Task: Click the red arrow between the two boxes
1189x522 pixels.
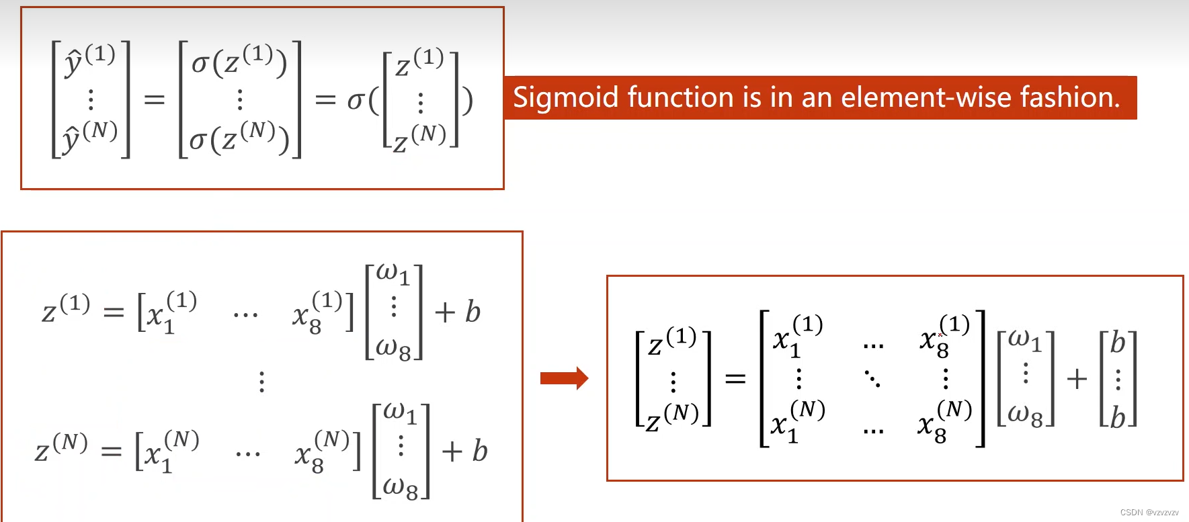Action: click(x=564, y=378)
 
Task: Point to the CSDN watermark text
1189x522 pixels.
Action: click(x=1149, y=513)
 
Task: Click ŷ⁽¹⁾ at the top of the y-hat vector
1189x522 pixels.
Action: click(x=90, y=58)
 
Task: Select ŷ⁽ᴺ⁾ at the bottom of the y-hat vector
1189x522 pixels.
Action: click(x=90, y=136)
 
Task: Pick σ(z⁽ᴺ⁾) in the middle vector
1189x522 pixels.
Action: click(x=239, y=137)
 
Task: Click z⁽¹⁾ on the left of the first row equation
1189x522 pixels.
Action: click(x=66, y=308)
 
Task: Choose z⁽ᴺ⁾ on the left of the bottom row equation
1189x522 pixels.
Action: click(x=61, y=447)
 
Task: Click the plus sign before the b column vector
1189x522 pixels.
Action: click(x=1077, y=379)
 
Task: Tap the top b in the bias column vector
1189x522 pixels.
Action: click(x=1117, y=343)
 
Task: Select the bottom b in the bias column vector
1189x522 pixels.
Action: click(x=1117, y=417)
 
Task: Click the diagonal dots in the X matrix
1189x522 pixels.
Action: click(x=872, y=379)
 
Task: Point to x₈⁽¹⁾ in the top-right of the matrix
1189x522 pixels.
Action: click(x=944, y=336)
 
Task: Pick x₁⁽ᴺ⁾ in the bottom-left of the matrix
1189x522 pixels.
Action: click(x=798, y=421)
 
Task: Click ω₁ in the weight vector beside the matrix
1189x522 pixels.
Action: click(x=1024, y=340)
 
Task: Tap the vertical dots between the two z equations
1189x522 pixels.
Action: click(x=262, y=382)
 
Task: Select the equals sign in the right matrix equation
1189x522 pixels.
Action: click(x=735, y=379)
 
